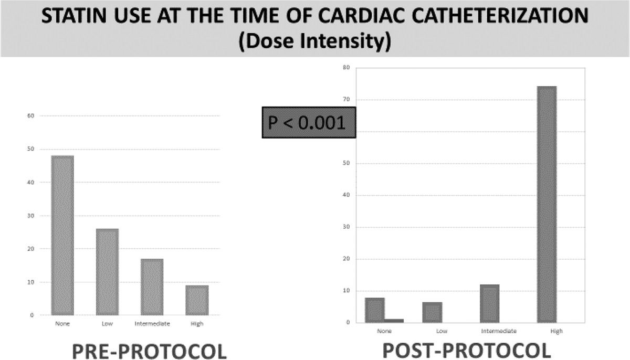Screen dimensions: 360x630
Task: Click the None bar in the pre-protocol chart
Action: (x=62, y=235)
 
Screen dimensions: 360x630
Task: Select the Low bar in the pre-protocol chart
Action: (x=107, y=272)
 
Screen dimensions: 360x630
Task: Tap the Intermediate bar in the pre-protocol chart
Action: (x=152, y=287)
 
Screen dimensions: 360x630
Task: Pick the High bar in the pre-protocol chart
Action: (x=197, y=300)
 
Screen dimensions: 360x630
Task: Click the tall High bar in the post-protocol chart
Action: (x=547, y=205)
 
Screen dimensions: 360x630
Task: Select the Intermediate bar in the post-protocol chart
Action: (x=489, y=303)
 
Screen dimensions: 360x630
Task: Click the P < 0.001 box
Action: (x=309, y=123)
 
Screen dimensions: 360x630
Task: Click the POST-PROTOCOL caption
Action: (x=467, y=350)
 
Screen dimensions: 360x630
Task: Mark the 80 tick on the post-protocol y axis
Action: (x=346, y=68)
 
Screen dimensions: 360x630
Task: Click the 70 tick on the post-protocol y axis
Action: (x=346, y=100)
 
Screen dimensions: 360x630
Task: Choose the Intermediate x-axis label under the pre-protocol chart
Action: (x=152, y=324)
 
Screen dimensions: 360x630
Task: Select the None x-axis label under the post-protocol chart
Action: (x=384, y=331)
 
